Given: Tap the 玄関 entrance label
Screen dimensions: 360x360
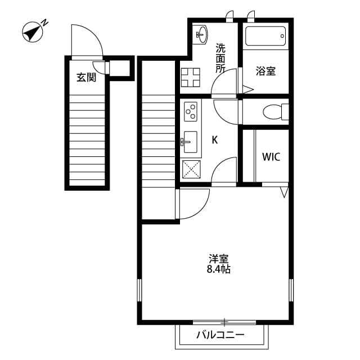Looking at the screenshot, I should click(x=86, y=78).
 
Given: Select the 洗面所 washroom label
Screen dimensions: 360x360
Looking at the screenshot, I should click(x=220, y=58).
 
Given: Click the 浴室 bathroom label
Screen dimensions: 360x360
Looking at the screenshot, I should click(x=265, y=71).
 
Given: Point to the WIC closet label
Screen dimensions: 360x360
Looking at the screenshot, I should click(x=271, y=156).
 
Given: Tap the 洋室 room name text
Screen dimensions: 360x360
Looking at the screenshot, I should click(x=219, y=259).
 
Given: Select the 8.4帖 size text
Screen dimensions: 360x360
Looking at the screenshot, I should click(x=219, y=269).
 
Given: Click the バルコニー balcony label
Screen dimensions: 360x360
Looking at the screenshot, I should click(x=220, y=336).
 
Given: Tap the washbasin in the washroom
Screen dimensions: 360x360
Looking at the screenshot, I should click(x=200, y=34).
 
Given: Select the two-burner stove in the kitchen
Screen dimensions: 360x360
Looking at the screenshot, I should click(x=190, y=111).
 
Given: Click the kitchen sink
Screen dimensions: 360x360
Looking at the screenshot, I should click(x=190, y=141).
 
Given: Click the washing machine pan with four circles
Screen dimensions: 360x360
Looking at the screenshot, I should click(x=191, y=77).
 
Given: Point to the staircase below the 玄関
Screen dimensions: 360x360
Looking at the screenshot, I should click(x=87, y=141).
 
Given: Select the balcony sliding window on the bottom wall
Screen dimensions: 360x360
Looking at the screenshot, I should click(x=225, y=322).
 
